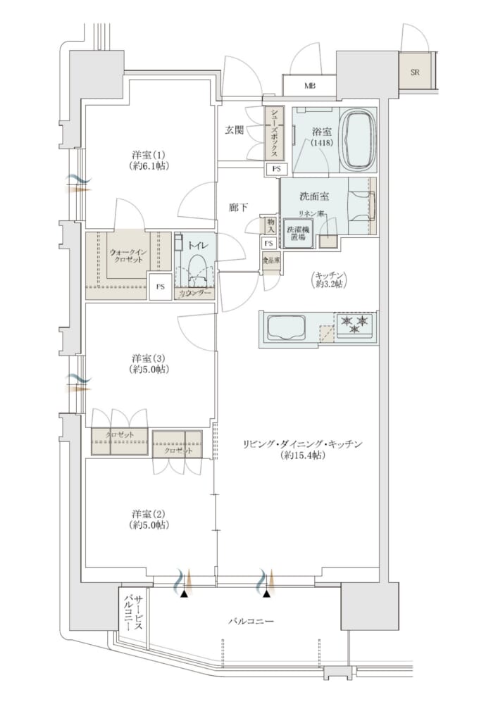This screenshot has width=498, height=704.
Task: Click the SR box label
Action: tap(414, 71)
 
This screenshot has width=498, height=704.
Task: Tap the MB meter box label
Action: tap(309, 85)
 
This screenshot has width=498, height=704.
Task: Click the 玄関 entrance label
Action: tap(234, 130)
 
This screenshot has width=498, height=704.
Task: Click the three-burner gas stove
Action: tap(355, 324)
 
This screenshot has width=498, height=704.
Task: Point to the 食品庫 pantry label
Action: tap(271, 260)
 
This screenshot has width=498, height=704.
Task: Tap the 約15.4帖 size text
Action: tap(301, 455)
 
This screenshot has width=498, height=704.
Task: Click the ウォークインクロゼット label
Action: tap(127, 256)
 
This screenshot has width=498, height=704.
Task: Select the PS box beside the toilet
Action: tap(160, 287)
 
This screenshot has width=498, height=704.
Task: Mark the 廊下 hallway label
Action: tap(238, 207)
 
